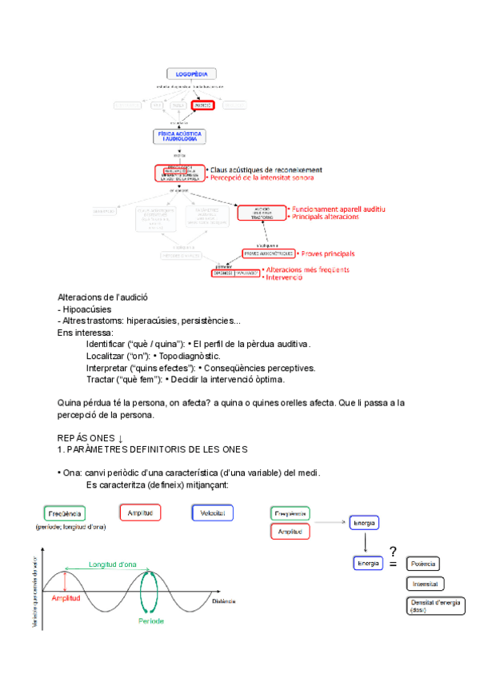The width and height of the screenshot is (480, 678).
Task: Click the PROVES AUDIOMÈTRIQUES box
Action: [x=269, y=253]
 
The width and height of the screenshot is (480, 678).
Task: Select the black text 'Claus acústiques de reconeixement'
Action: [x=266, y=169]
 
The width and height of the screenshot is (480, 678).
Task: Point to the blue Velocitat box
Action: [x=212, y=512]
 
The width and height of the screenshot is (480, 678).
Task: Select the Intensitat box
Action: [x=426, y=584]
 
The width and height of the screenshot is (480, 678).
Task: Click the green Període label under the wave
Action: [x=151, y=620]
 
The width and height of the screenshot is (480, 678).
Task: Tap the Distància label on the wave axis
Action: [x=226, y=600]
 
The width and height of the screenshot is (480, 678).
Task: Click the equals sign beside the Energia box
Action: [x=393, y=564]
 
